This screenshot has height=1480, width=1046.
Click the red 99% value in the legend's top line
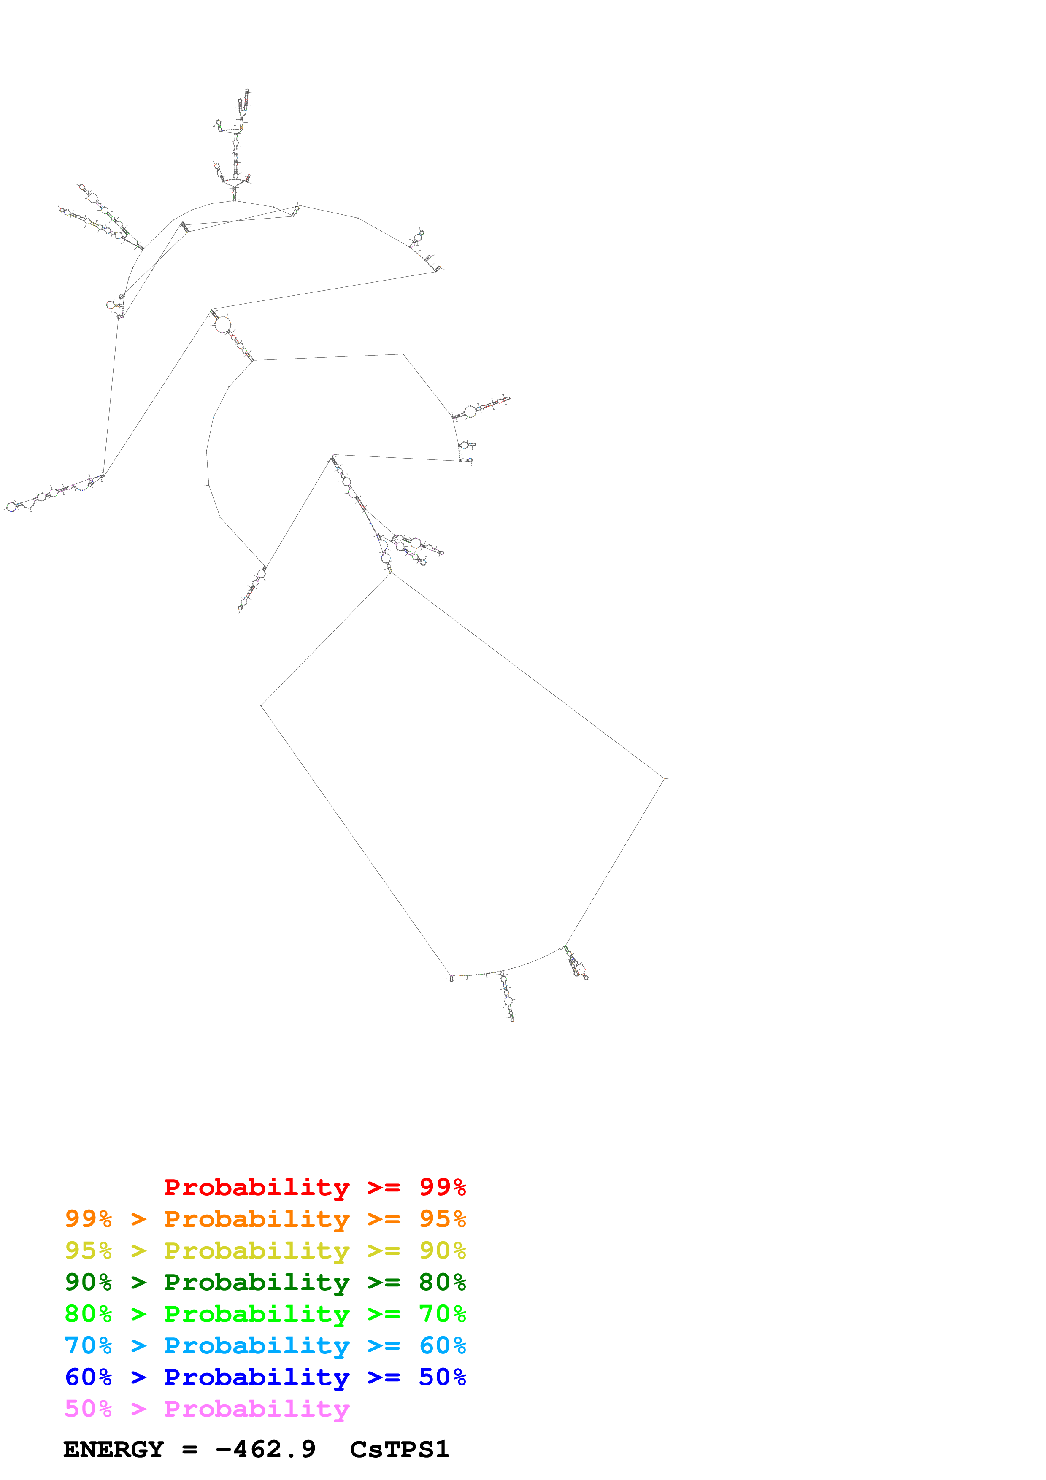click(442, 1187)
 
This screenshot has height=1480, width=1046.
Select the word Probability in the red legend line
click(257, 1187)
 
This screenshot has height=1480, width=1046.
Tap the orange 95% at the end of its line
click(442, 1219)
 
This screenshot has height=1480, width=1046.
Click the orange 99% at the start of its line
click(88, 1219)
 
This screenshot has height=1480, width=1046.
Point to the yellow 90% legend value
click(442, 1250)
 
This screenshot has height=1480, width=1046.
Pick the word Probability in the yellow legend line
click(257, 1250)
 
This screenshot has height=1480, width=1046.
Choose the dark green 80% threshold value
click(442, 1282)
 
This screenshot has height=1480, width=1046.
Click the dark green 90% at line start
click(88, 1282)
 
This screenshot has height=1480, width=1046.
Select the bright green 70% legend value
click(442, 1314)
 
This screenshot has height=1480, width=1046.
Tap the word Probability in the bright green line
click(257, 1314)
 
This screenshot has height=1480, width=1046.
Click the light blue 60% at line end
click(442, 1345)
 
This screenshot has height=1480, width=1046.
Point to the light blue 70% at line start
click(88, 1345)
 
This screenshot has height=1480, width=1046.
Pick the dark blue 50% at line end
click(442, 1377)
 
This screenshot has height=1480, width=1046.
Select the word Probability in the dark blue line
click(257, 1377)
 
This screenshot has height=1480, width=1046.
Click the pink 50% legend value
click(88, 1408)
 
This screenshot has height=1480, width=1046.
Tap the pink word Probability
click(257, 1408)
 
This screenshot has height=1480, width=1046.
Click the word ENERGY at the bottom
click(114, 1449)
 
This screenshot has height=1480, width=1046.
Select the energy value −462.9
click(265, 1449)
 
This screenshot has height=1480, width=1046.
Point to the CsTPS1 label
click(400, 1449)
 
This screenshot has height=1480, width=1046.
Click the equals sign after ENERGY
click(189, 1450)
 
